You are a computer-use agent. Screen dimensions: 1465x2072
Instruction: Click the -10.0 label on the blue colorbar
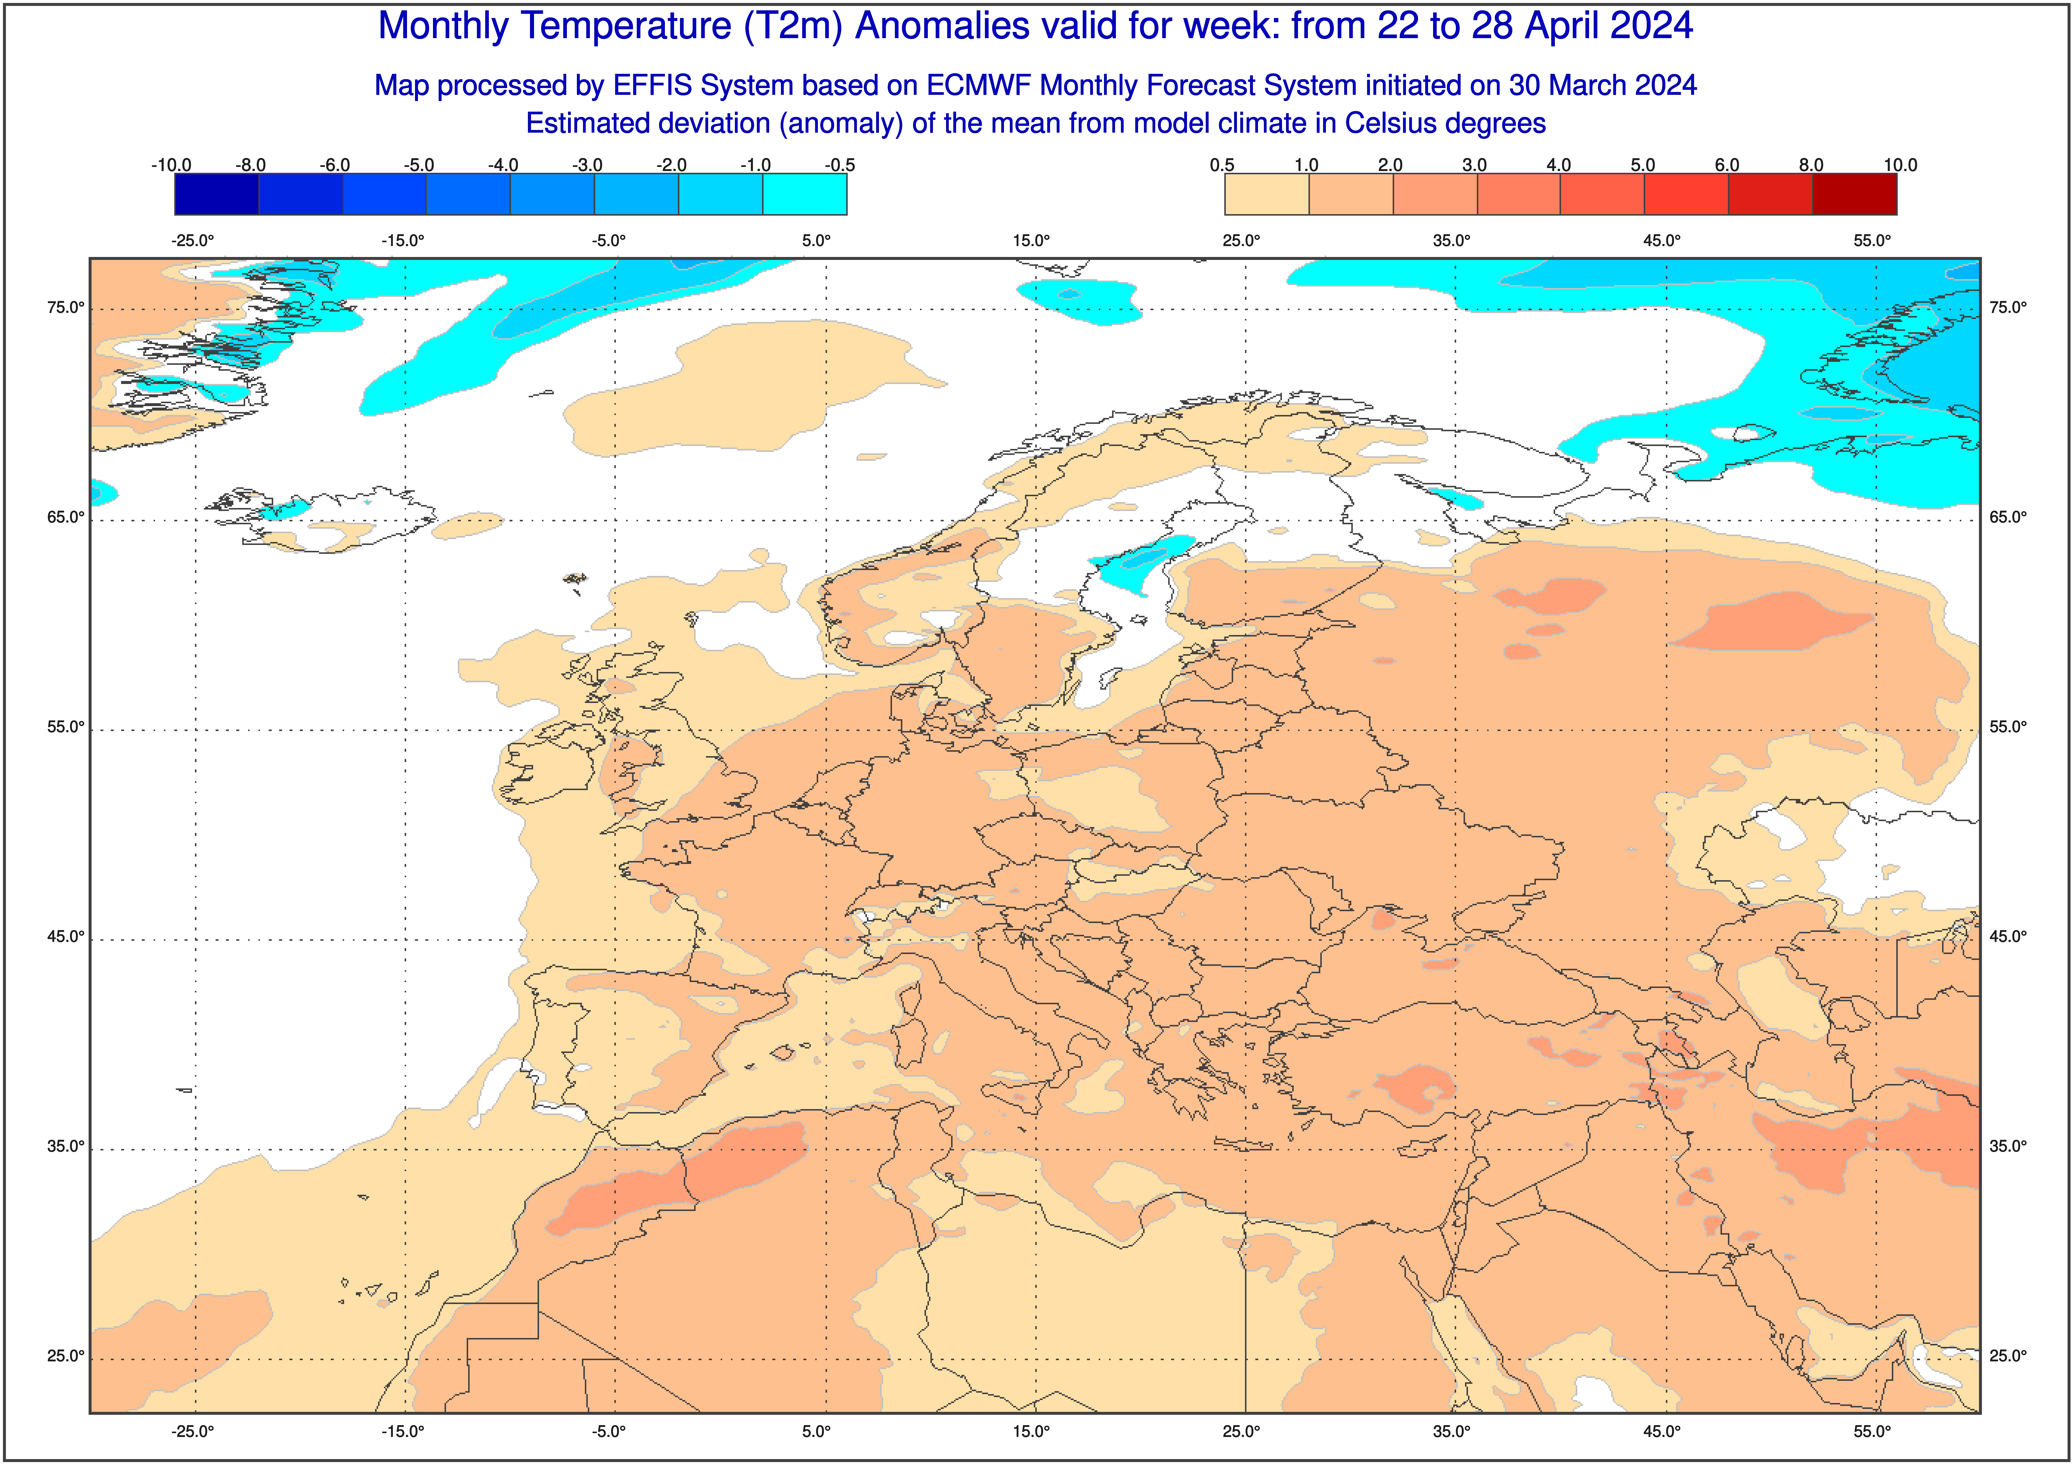(x=172, y=165)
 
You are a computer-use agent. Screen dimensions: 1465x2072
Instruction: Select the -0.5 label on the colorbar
(x=839, y=165)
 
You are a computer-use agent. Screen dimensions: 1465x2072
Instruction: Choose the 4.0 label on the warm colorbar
(x=1559, y=165)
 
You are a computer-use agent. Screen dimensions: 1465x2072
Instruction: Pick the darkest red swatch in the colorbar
(x=1855, y=194)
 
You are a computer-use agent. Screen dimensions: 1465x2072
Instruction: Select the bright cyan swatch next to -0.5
(x=805, y=194)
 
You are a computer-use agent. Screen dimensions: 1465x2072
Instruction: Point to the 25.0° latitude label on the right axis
(x=2008, y=1356)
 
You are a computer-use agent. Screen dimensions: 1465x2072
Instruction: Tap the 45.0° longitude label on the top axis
(x=1661, y=241)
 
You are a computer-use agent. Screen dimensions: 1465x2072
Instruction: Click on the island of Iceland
(x=325, y=522)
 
